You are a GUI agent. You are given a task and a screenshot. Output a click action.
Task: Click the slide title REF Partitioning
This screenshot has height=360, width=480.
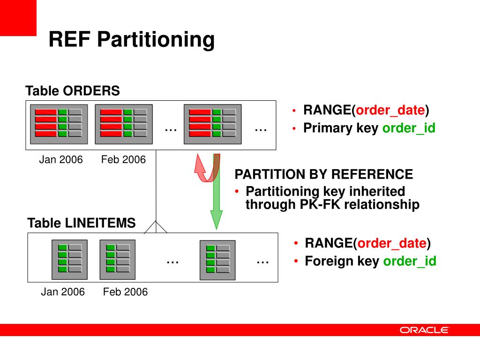pyautogui.click(x=131, y=39)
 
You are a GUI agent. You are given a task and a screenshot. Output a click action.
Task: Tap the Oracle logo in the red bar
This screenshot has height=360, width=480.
pyautogui.click(x=424, y=330)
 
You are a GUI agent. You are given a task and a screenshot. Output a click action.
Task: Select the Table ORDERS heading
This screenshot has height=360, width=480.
pyautogui.click(x=73, y=91)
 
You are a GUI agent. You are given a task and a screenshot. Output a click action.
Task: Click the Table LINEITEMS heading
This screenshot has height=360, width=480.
pyautogui.click(x=82, y=223)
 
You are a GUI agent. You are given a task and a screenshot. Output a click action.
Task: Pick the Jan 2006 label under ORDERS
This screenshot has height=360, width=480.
pyautogui.click(x=60, y=160)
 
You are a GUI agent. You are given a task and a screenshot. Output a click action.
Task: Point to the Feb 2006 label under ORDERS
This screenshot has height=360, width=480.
pyautogui.click(x=123, y=160)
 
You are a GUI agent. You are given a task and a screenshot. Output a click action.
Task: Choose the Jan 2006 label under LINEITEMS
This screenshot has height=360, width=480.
pyautogui.click(x=63, y=292)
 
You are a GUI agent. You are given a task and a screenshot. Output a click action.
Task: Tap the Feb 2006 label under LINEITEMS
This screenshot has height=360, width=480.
pyautogui.click(x=125, y=292)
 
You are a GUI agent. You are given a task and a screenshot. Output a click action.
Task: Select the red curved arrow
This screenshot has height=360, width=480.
pyautogui.click(x=205, y=169)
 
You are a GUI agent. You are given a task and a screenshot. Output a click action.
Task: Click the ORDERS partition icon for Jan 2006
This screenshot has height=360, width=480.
pyautogui.click(x=59, y=124)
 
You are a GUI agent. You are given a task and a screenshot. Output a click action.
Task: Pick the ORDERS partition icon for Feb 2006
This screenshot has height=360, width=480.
pyautogui.click(x=124, y=124)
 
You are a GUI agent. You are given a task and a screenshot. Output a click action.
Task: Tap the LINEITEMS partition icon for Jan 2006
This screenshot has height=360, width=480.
pyautogui.click(x=69, y=259)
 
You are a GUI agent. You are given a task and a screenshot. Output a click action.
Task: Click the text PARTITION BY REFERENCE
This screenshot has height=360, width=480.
pyautogui.click(x=324, y=175)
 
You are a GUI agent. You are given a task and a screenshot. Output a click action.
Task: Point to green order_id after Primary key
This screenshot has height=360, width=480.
pyautogui.click(x=409, y=128)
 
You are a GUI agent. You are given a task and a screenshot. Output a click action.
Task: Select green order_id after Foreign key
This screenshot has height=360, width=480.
pyautogui.click(x=410, y=261)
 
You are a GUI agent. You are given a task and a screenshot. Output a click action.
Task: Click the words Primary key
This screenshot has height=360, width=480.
pyautogui.click(x=341, y=128)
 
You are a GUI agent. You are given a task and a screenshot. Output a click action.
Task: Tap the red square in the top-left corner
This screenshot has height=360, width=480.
pyautogui.click(x=18, y=18)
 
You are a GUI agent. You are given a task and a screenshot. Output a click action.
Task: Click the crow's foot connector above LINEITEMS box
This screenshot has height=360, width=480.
pyautogui.click(x=156, y=227)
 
